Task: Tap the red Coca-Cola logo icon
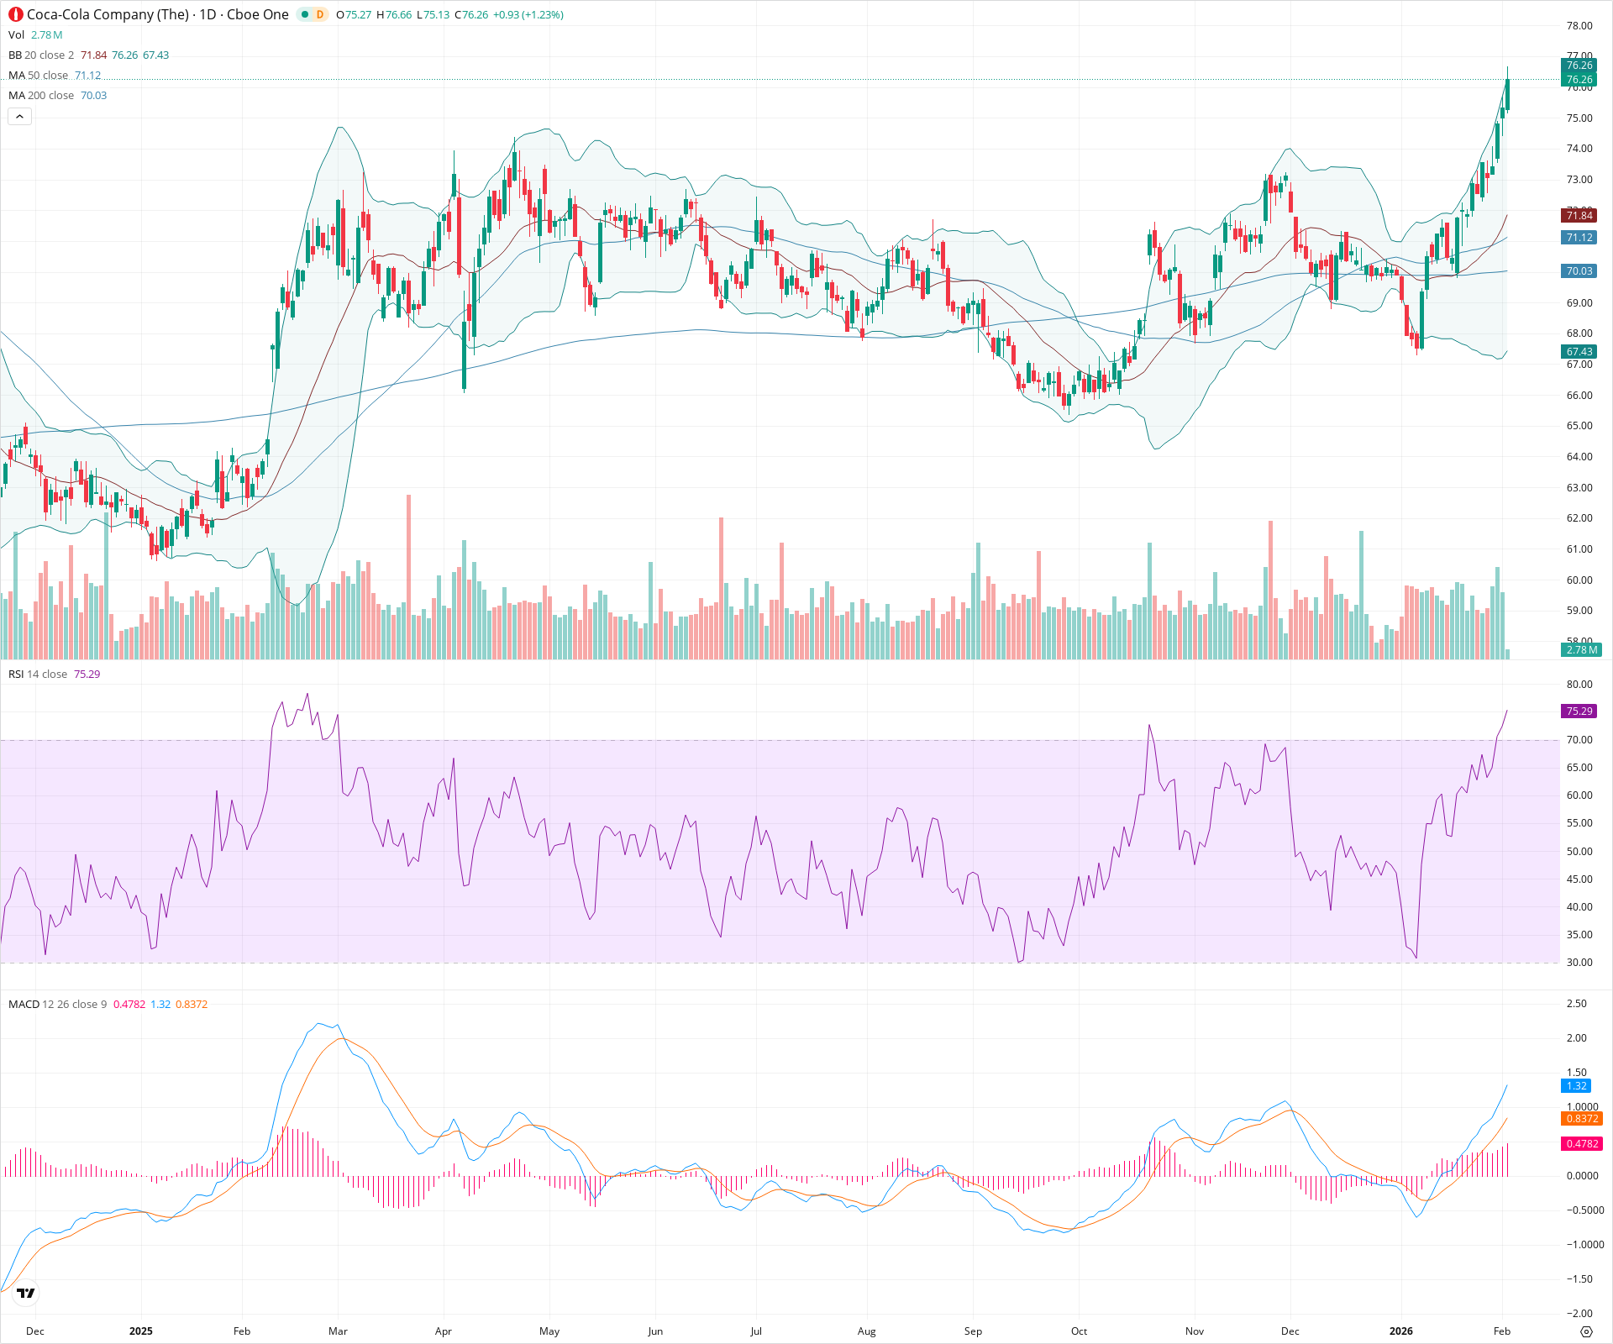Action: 16,14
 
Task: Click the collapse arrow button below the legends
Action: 19,117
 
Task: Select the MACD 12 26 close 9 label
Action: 57,1005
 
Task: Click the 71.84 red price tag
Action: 1579,216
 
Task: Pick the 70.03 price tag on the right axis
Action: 1579,271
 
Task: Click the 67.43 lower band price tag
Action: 1579,352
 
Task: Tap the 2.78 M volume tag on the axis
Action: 1581,650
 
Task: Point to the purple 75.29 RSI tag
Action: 1579,711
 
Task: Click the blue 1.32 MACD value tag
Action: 1576,1086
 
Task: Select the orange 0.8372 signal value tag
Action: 1581,1119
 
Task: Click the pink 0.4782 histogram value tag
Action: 1581,1144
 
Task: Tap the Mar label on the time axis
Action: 338,1331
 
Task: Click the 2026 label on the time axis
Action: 1400,1331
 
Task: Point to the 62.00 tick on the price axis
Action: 1579,518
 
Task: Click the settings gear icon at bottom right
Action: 1586,1332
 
